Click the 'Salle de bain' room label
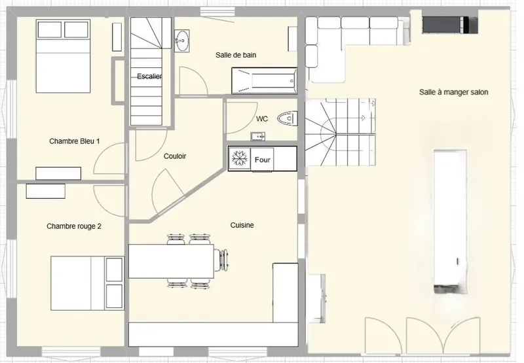click(x=236, y=55)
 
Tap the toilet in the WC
click(x=288, y=118)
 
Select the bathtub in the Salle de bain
click(x=265, y=80)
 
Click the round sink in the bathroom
click(x=182, y=41)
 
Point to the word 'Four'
click(x=263, y=160)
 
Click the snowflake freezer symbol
click(x=240, y=158)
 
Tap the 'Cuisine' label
click(x=242, y=225)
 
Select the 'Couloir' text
click(x=175, y=156)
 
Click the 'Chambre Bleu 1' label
click(x=74, y=141)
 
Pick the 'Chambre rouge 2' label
click(x=74, y=226)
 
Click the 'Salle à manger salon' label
click(x=453, y=92)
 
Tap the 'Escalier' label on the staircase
click(x=149, y=77)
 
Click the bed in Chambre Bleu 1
click(x=63, y=56)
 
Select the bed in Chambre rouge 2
click(x=87, y=283)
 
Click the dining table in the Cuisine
click(x=171, y=261)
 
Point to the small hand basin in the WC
click(x=257, y=136)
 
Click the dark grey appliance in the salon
click(x=450, y=25)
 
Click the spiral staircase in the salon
click(x=339, y=132)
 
